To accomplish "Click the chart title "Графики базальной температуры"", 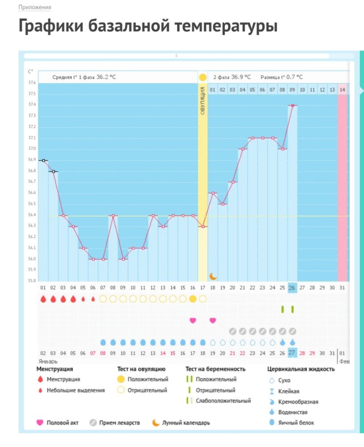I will tap(148, 26).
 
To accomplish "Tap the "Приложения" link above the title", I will tap(34, 8).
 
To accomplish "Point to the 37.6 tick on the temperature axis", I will tap(32, 83).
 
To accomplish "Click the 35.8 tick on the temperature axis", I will tap(32, 281).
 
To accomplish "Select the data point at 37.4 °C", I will tap(292, 105).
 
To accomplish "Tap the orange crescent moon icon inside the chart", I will tap(213, 276).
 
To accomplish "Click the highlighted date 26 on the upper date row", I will tap(292, 287).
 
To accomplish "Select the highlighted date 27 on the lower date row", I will tap(292, 353).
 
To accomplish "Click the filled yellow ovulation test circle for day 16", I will tap(193, 299).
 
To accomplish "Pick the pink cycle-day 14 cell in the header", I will tap(342, 89).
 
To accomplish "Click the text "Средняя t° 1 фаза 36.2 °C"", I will tap(84, 77).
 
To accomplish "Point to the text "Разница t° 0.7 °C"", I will tap(282, 77).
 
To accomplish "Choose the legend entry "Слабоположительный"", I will tap(223, 401).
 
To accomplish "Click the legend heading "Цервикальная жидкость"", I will tap(301, 369).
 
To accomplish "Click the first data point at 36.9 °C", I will tap(43, 160).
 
